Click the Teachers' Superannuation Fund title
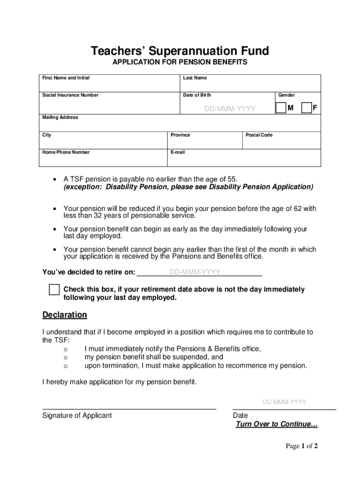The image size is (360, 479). (180, 51)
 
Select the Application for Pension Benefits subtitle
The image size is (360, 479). (180, 62)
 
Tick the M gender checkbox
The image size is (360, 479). (281, 108)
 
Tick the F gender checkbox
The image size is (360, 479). (307, 108)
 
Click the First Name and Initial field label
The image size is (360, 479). (66, 78)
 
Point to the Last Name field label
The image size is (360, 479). (195, 78)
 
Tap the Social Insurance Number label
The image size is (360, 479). (71, 95)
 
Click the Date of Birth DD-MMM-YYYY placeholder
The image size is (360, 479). (230, 109)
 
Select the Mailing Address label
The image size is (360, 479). (60, 117)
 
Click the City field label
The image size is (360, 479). (47, 135)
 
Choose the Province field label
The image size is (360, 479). (180, 135)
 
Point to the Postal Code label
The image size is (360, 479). (259, 135)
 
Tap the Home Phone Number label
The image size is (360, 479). (66, 152)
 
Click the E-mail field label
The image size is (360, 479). (178, 152)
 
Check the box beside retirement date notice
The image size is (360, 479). (54, 290)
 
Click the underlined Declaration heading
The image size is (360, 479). (65, 315)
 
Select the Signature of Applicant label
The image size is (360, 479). (77, 415)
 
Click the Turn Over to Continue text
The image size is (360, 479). (277, 424)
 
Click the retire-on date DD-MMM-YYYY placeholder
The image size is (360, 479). (195, 272)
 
